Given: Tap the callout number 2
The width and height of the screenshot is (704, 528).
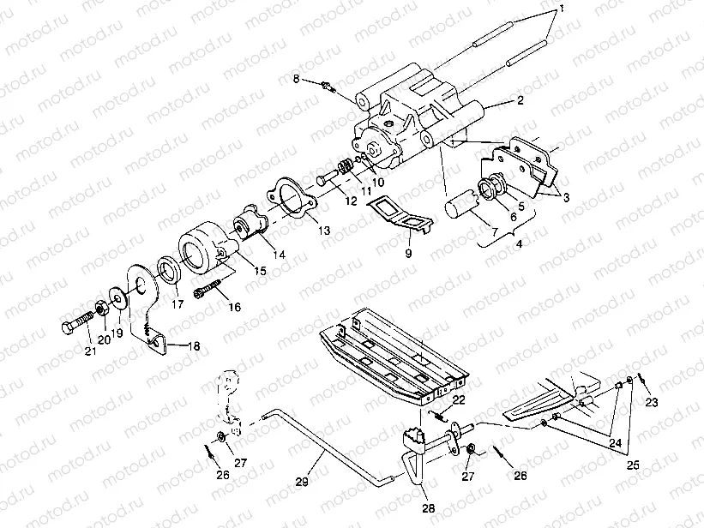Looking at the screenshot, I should (519, 100).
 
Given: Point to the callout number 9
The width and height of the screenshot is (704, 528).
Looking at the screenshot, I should (408, 254).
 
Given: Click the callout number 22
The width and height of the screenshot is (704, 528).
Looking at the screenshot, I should (459, 399).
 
